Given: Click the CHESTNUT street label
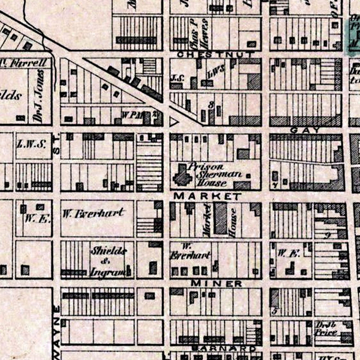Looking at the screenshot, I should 215,54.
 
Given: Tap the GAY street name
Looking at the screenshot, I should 305,130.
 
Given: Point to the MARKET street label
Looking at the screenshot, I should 208,196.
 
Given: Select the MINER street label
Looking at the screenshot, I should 216,283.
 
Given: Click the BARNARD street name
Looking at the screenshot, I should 224,348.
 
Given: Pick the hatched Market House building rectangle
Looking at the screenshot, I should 220,218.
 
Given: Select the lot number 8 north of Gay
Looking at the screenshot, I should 211,105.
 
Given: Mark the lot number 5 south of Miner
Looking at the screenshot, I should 274,310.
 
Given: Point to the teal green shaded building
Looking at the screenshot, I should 352,36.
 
